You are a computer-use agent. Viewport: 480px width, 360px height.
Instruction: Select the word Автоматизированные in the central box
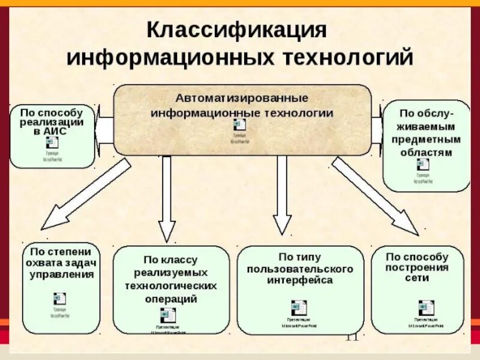tap(242, 97)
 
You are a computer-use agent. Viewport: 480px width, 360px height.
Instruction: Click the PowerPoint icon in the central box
tap(239, 125)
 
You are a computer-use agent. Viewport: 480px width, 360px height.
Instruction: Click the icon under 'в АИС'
tap(53, 143)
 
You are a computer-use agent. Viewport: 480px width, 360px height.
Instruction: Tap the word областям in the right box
tap(426, 152)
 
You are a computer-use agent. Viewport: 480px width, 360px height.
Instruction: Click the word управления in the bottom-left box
tap(62, 275)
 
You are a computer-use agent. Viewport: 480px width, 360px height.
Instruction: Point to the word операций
tap(171, 299)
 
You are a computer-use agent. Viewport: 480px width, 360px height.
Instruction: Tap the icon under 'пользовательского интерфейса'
tap(298, 308)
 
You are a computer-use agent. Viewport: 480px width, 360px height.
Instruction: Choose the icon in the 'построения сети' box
tap(426, 307)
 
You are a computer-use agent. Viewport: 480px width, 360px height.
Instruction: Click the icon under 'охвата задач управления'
tap(60, 299)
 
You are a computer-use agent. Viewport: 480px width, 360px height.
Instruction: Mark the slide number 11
tap(352, 337)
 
